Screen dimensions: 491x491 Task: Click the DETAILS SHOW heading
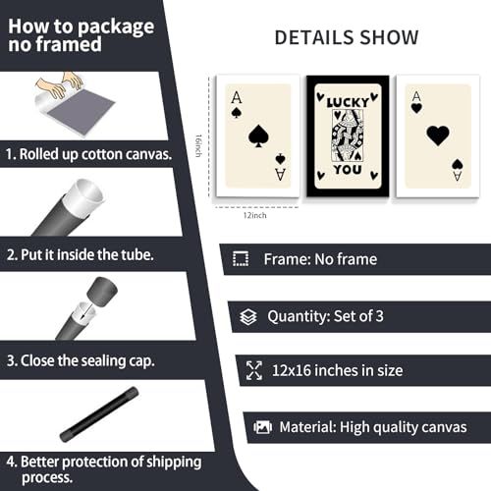coord(347,37)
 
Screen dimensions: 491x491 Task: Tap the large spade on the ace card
coord(258,136)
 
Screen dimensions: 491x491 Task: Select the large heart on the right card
coord(438,136)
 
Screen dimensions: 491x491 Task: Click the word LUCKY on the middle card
coord(348,103)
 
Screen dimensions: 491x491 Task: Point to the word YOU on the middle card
coord(348,170)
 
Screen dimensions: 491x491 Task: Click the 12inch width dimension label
coord(254,215)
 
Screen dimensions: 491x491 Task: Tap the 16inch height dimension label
coord(198,145)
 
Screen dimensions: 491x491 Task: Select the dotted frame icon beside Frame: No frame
coord(241,259)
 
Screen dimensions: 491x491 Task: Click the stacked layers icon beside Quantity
coord(248,317)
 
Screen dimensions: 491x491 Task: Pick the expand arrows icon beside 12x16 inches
coord(254,370)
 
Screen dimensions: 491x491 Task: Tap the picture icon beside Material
coord(262,427)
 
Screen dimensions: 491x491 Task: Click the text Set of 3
coord(358,316)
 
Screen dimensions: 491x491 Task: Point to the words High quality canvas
coord(404,427)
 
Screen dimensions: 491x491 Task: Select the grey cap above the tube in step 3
coord(102,292)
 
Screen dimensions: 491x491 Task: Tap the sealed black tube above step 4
coord(99,414)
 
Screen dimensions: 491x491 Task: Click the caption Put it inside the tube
coord(87,254)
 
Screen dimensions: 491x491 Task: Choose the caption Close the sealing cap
coord(87,361)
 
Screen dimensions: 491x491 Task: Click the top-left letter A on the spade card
coord(237,97)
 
